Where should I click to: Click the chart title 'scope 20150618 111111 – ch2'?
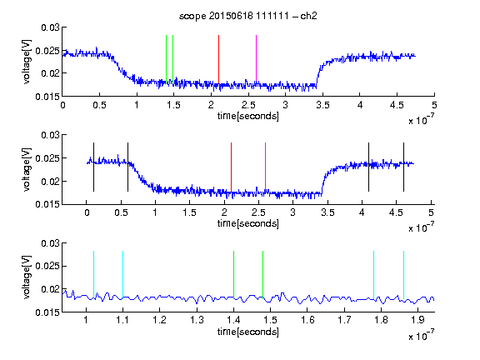[x=248, y=16]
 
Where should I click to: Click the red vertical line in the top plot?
[x=218, y=59]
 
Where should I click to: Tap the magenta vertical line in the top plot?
[x=256, y=59]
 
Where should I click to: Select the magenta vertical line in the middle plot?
[x=265, y=167]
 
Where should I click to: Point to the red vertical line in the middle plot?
[x=231, y=167]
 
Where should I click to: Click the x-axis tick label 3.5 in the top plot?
[x=322, y=105]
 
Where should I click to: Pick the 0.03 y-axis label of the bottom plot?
[x=50, y=243]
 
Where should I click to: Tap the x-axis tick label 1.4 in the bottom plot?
[x=233, y=320]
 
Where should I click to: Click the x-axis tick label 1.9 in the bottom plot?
[x=417, y=320]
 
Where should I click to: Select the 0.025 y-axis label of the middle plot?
[x=47, y=158]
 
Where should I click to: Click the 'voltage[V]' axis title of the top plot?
[x=27, y=62]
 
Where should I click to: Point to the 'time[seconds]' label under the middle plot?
[x=248, y=223]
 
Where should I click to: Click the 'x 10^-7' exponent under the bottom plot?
[x=421, y=336]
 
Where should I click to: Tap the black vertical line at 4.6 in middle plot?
[x=403, y=167]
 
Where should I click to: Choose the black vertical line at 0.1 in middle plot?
[x=93, y=167]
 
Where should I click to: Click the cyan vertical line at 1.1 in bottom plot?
[x=122, y=275]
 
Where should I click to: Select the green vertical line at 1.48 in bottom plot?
[x=263, y=275]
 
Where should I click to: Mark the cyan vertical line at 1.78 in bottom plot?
[x=374, y=275]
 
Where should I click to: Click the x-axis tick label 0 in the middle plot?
[x=87, y=212]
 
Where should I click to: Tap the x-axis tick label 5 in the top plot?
[x=434, y=105]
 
